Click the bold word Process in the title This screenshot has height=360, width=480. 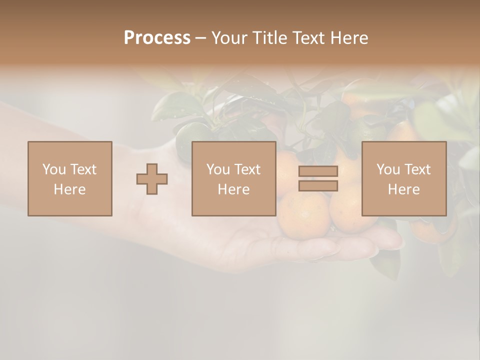(x=157, y=38)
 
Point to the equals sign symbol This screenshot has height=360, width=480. (x=318, y=178)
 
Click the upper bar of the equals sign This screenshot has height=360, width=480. (x=318, y=171)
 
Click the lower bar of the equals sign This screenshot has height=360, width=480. (x=318, y=185)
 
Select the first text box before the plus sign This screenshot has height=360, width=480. (x=70, y=178)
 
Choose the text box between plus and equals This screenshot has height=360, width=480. (x=234, y=178)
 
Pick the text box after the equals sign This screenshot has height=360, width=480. (x=404, y=178)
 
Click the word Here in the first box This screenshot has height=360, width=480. (x=70, y=189)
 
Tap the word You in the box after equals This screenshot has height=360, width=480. (x=388, y=169)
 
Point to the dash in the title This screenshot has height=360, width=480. (x=200, y=38)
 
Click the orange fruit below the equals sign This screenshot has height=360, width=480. (x=303, y=215)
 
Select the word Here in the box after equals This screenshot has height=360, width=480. (x=404, y=189)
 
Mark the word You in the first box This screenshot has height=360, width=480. (x=54, y=169)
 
